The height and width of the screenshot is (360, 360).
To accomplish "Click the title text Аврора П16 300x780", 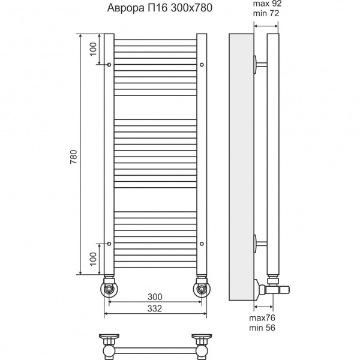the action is click(160, 8).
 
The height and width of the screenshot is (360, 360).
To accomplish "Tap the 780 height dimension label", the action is click(73, 157).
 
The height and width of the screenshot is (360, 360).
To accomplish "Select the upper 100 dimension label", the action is click(93, 49).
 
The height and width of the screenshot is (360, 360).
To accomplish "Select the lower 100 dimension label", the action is click(93, 259).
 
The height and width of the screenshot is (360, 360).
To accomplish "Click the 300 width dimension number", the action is click(155, 297).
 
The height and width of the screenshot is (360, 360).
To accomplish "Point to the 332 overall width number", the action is click(155, 308).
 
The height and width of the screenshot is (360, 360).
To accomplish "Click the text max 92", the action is click(267, 4).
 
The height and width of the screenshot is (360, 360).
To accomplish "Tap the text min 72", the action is click(266, 13).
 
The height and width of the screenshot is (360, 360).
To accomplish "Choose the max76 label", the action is click(262, 318).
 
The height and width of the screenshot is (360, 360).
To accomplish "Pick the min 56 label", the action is click(262, 328).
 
